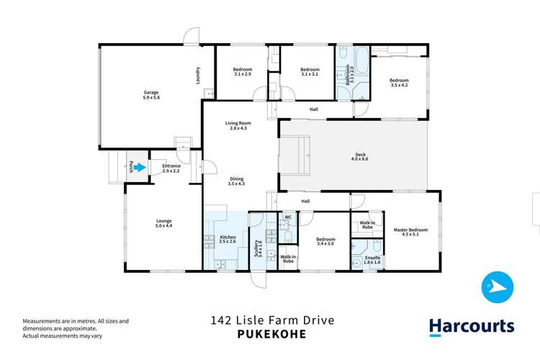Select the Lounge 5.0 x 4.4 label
[164, 224]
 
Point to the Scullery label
[258, 249]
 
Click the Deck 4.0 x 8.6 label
[361, 157]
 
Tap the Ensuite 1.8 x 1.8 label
[372, 260]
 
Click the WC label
[287, 217]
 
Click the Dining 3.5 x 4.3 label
[236, 182]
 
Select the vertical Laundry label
[197, 76]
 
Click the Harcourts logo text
[472, 326]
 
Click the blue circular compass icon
[498, 287]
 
